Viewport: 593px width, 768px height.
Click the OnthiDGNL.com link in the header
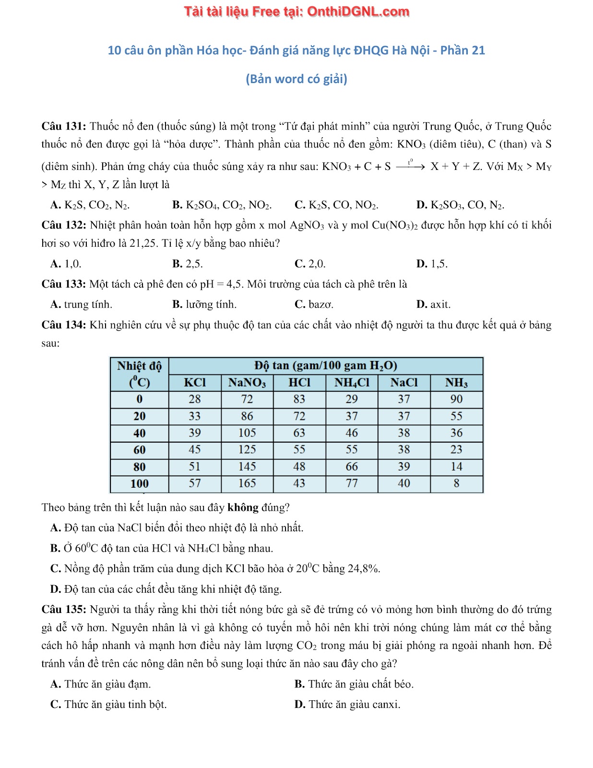coord(358,12)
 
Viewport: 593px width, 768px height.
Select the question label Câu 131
coord(63,126)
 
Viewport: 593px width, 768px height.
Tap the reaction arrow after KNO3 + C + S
coord(411,167)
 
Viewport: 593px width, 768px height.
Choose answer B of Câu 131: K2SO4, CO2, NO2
coord(222,205)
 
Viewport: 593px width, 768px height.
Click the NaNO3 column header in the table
coord(247,383)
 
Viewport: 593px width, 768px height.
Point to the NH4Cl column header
coord(352,383)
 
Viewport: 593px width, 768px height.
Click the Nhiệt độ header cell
coord(139,366)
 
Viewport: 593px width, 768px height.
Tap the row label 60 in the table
coord(139,450)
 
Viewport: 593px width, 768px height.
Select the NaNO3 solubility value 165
coord(247,483)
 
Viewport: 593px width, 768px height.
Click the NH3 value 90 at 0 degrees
coord(456,399)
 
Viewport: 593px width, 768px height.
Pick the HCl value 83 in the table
coord(299,399)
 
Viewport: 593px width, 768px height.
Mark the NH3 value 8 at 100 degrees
coord(456,483)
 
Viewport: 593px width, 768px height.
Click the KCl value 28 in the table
coord(195,399)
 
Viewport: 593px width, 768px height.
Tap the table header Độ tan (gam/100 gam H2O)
coord(326,366)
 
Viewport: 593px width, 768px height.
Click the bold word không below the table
coord(243,507)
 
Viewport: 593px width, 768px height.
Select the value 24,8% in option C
coord(364,569)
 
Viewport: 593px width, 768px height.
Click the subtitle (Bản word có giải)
coord(296,79)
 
